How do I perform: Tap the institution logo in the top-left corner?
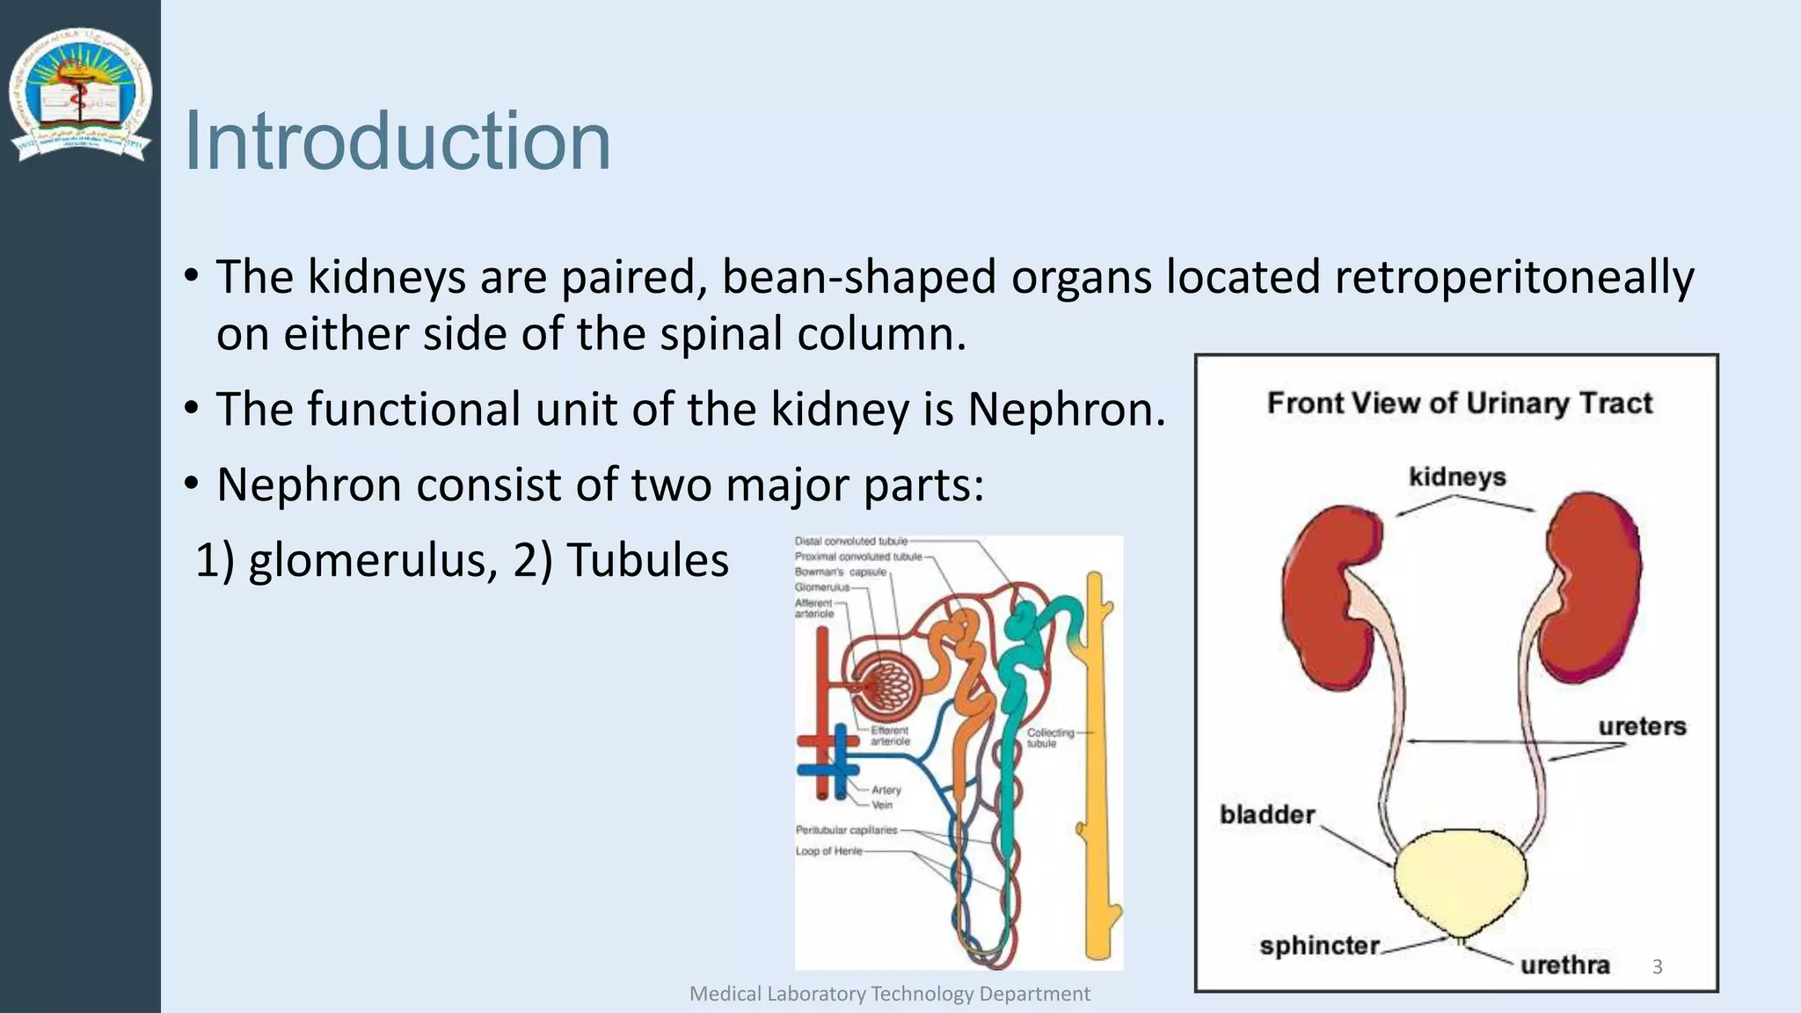point(80,94)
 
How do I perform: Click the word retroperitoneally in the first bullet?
point(1513,277)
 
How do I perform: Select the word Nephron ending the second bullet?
point(1066,410)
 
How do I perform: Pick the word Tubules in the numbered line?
point(647,560)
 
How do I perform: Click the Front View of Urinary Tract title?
point(1459,403)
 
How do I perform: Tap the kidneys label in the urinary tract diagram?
point(1457,477)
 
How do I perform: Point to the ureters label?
point(1642,726)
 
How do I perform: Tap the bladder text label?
point(1266,814)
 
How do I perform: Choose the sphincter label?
point(1319,946)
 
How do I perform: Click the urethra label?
point(1564,965)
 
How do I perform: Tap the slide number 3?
point(1657,966)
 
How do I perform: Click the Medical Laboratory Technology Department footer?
point(889,994)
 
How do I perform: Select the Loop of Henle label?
point(828,851)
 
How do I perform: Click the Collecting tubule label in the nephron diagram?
point(1050,738)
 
